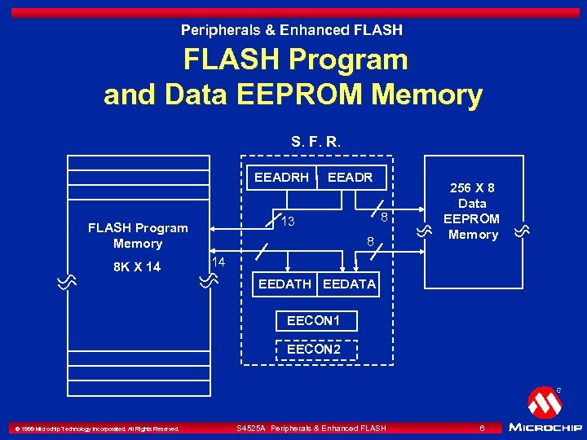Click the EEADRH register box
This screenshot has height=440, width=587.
(x=281, y=177)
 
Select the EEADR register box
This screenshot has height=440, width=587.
(x=350, y=177)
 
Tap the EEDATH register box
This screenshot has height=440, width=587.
(x=285, y=284)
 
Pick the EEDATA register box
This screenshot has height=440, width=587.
(x=350, y=284)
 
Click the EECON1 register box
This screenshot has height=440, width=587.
(x=314, y=321)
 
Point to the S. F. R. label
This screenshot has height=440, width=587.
(x=316, y=142)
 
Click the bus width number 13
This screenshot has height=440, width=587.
(x=287, y=222)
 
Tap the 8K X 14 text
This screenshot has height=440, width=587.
(x=137, y=267)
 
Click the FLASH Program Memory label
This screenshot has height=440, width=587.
(x=138, y=235)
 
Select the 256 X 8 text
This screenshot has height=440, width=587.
(x=472, y=188)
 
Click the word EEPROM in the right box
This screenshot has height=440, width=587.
(x=472, y=219)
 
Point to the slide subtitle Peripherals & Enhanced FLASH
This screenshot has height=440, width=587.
(x=292, y=30)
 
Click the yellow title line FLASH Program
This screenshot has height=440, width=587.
(x=295, y=59)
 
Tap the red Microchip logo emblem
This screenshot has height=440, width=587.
(x=544, y=403)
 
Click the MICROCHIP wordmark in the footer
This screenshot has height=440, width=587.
(x=545, y=427)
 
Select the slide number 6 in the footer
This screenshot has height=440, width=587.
(x=483, y=428)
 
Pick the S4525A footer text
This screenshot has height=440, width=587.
(x=311, y=428)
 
